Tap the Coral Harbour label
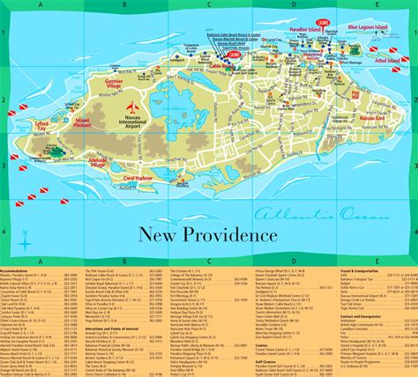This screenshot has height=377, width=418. click(141, 178)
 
